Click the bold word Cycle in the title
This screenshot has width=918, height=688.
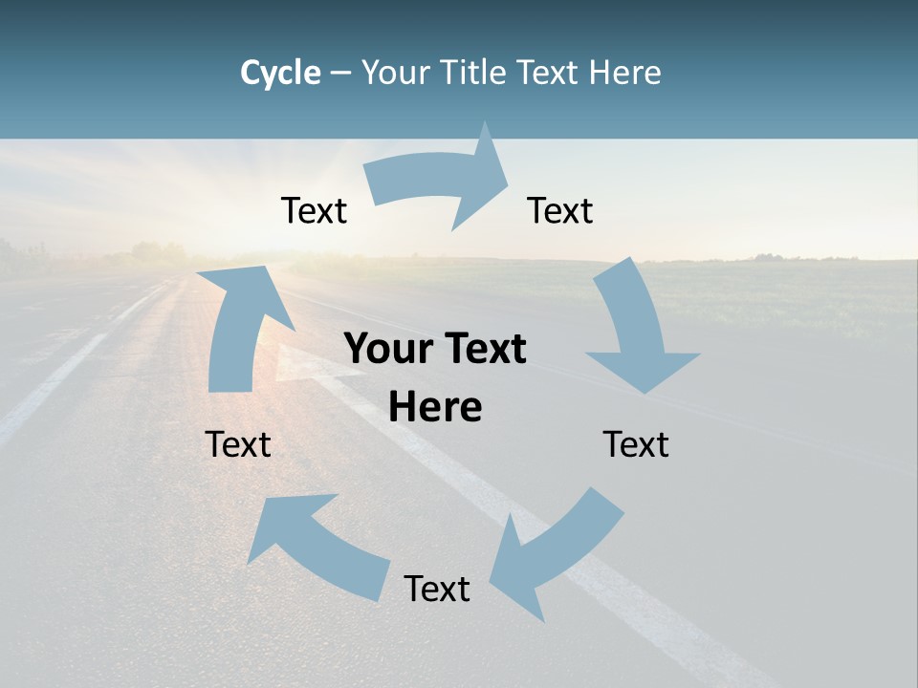[x=280, y=73]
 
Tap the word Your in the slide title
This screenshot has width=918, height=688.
[x=397, y=73]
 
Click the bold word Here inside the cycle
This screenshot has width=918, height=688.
[x=435, y=408]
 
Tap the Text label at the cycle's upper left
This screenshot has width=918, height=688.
[x=314, y=210]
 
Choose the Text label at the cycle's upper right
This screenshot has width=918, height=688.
[x=560, y=210]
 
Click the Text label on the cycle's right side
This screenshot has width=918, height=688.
[x=636, y=444]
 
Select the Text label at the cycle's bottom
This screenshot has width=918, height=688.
[x=437, y=589]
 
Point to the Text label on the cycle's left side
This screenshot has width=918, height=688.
[x=238, y=444]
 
